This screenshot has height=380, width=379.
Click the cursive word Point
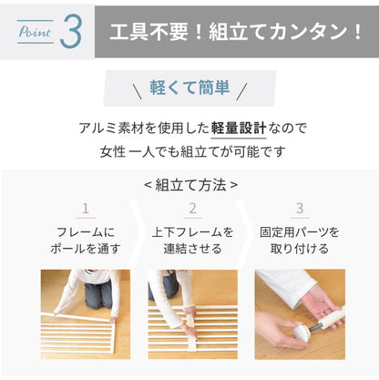click(x=35, y=32)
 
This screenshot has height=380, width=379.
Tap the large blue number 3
click(x=71, y=32)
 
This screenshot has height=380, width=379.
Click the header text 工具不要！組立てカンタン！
click(x=236, y=32)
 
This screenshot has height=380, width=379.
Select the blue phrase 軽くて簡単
click(x=189, y=87)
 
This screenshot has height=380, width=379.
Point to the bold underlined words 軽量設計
click(x=239, y=128)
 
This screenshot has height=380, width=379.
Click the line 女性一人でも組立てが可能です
click(x=192, y=151)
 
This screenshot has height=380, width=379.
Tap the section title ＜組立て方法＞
click(x=190, y=185)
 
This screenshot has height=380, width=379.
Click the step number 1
click(x=86, y=209)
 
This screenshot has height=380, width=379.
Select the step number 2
click(x=192, y=209)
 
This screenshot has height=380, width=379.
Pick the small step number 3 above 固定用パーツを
click(x=300, y=209)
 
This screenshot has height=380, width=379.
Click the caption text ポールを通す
click(x=86, y=249)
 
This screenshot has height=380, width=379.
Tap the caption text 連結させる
click(x=192, y=249)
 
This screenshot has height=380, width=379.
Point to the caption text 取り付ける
click(x=300, y=249)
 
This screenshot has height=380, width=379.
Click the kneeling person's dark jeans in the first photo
click(x=97, y=295)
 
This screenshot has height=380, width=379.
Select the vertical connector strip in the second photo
click(x=191, y=332)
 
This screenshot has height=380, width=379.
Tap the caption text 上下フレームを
click(x=192, y=232)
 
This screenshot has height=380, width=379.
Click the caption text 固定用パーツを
click(x=300, y=232)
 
